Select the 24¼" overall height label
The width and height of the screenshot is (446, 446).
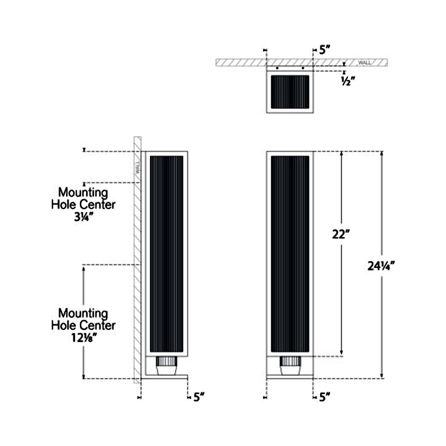(x=381, y=266)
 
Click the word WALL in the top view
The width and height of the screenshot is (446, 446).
(x=365, y=63)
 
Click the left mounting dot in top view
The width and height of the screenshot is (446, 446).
(x=277, y=68)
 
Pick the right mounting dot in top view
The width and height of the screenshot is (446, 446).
(x=303, y=68)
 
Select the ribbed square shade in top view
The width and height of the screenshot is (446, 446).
(x=290, y=92)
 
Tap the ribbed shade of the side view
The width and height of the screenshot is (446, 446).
(x=166, y=254)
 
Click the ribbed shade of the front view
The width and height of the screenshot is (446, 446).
(x=290, y=254)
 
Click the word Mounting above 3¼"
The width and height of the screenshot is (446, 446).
(x=83, y=193)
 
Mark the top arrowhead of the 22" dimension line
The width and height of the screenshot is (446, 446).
(x=342, y=153)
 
